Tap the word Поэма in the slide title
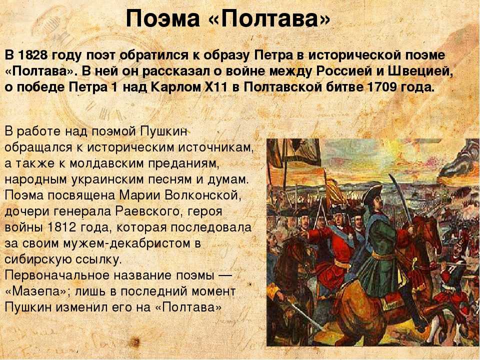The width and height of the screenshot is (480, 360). (x=163, y=18)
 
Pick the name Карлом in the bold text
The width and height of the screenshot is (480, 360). (x=175, y=87)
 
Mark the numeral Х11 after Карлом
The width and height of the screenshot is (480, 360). (x=216, y=87)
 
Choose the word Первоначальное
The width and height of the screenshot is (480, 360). (x=57, y=275)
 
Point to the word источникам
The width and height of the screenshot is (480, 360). (x=216, y=147)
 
